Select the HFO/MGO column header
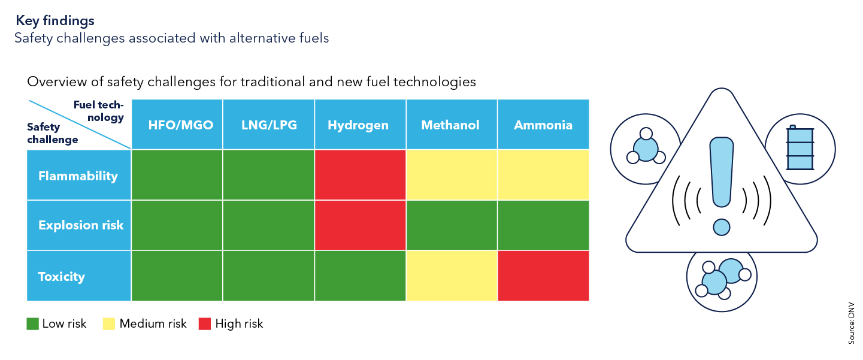[x=177, y=125]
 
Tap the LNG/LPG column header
[x=268, y=125]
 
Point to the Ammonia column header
[x=543, y=125]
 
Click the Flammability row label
[x=78, y=176]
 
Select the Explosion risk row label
[x=81, y=225]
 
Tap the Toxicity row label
[x=62, y=276]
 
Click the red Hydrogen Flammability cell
[x=360, y=175]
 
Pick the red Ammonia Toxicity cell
[x=543, y=276]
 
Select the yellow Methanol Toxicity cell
[x=452, y=276]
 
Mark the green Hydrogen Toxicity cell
[x=360, y=276]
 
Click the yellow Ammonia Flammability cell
[x=543, y=175]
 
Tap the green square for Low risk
[x=32, y=324]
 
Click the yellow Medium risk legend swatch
[x=110, y=324]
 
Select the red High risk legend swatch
[x=205, y=324]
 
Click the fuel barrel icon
[x=795, y=148]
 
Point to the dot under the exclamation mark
[x=722, y=227]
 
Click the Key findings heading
[x=55, y=20]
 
